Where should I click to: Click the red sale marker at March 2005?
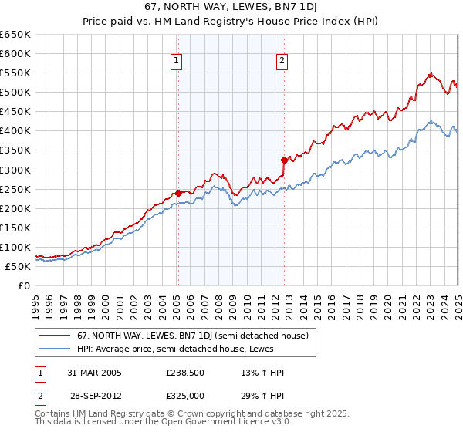click(178, 193)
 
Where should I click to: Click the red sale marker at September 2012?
click(284, 160)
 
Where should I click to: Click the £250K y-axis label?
click(17, 189)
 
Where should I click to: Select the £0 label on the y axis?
click(25, 286)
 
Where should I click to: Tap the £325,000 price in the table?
click(184, 395)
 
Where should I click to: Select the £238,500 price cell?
click(184, 372)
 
